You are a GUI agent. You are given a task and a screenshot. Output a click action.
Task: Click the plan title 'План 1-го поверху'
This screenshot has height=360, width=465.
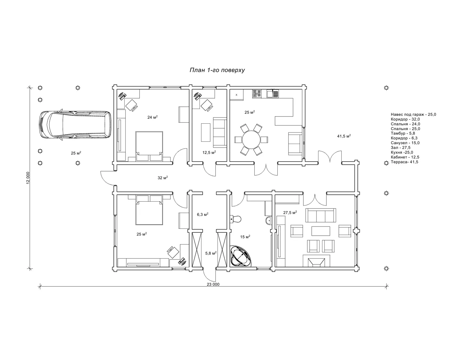pos(217,70)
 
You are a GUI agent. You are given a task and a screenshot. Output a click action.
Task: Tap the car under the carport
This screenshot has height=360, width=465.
pos(75,125)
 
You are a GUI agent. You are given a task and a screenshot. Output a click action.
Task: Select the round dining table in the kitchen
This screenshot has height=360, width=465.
pos(251,140)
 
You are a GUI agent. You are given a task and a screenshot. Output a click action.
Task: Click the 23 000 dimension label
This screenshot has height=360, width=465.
pos(213,284)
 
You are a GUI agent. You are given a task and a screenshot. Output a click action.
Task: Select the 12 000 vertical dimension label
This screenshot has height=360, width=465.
pos(28,178)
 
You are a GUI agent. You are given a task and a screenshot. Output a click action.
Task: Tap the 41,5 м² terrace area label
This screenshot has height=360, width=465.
pos(344,136)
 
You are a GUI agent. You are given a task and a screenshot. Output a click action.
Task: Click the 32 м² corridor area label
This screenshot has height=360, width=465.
pos(163,177)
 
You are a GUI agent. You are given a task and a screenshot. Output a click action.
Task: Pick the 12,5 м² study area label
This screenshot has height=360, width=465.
pos(209,153)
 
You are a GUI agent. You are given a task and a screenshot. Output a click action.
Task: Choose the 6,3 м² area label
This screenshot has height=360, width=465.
pos(203,214)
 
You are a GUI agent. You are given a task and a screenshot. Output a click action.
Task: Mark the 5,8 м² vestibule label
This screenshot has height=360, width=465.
pos(211,253)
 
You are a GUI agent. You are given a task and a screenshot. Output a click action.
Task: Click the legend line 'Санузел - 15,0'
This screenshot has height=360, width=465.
pos(405,143)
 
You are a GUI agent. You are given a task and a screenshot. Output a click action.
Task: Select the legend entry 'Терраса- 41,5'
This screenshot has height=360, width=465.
pos(405,162)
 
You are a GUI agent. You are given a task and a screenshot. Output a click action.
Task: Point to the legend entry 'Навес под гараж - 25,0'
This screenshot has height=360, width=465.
pos(413,114)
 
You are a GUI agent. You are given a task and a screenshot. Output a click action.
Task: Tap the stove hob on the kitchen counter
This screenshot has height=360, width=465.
pos(257,94)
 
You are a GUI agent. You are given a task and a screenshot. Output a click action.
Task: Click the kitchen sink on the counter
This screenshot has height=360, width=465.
pos(272,94)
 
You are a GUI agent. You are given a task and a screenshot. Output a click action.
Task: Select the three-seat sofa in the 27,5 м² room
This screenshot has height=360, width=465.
pos(320,215)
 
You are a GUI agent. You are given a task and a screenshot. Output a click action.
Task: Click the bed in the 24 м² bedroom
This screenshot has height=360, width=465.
pos(149,146)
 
